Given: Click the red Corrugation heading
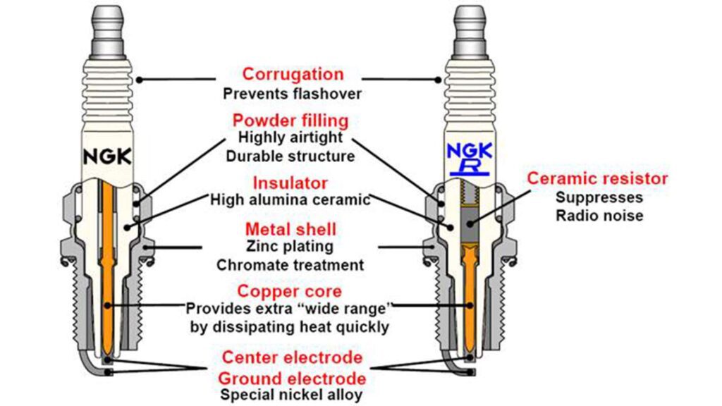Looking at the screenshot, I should [293, 74].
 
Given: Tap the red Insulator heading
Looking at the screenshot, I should [290, 183].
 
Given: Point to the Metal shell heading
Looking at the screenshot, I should [290, 230].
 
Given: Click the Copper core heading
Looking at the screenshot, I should [290, 291].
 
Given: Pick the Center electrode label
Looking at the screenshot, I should [292, 357].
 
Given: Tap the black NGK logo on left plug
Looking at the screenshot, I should [107, 156].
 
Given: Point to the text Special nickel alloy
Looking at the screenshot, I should [291, 395].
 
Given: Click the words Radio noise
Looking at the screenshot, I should [599, 215].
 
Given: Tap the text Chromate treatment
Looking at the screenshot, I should [290, 265].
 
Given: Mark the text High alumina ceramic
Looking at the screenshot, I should [290, 199].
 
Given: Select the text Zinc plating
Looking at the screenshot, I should [290, 247].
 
